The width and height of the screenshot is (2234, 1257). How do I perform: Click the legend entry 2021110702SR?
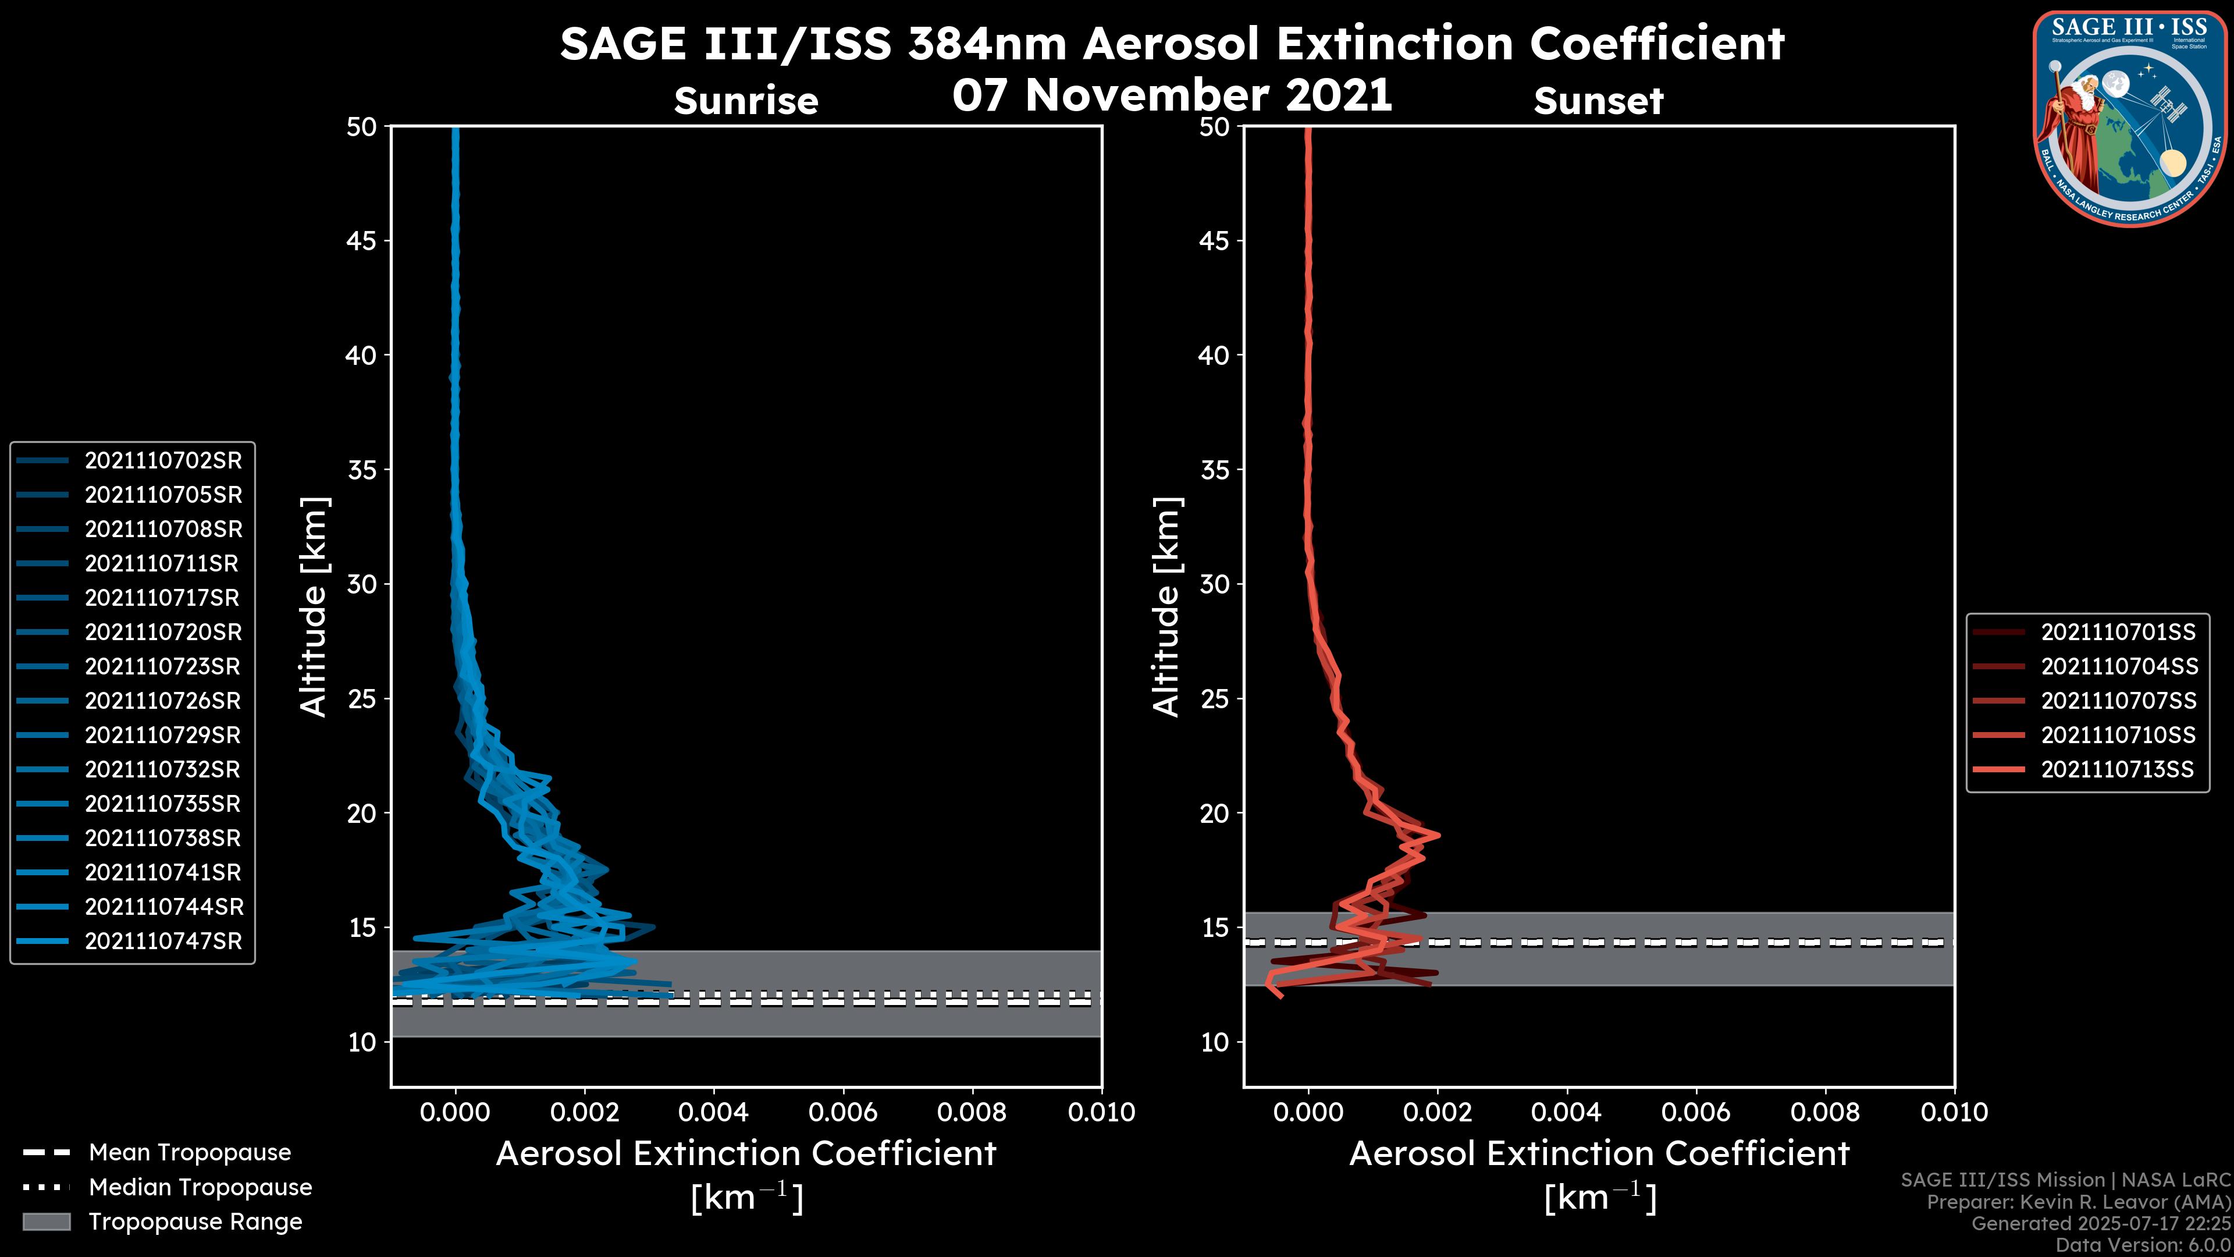coord(163,461)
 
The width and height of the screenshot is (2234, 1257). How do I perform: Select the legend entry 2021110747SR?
coord(163,941)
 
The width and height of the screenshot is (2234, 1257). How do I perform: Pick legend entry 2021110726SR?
coord(163,701)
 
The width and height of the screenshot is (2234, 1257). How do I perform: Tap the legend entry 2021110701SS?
coord(2118,633)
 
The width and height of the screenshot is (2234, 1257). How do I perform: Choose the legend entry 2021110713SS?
coord(2117,769)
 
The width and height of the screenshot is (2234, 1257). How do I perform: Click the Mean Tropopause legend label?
coord(190,1153)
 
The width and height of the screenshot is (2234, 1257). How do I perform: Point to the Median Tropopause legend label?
coord(200,1188)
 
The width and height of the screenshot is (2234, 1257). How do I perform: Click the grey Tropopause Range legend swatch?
coord(46,1222)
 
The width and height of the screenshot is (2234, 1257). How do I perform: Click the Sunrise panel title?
coord(746,101)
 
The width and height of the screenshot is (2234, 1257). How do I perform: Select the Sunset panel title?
coord(1598,101)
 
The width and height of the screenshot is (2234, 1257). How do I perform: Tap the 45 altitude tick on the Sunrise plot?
coord(362,241)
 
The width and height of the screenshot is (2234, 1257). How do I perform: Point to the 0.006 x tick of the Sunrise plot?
coord(843,1112)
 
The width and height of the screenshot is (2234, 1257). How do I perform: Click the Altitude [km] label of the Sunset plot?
coord(1166,607)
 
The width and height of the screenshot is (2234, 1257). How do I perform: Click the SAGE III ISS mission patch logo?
coord(2130,118)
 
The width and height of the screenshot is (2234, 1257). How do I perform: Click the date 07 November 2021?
coord(1172,95)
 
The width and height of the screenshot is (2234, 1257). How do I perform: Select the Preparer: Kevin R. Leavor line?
coord(2078,1202)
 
